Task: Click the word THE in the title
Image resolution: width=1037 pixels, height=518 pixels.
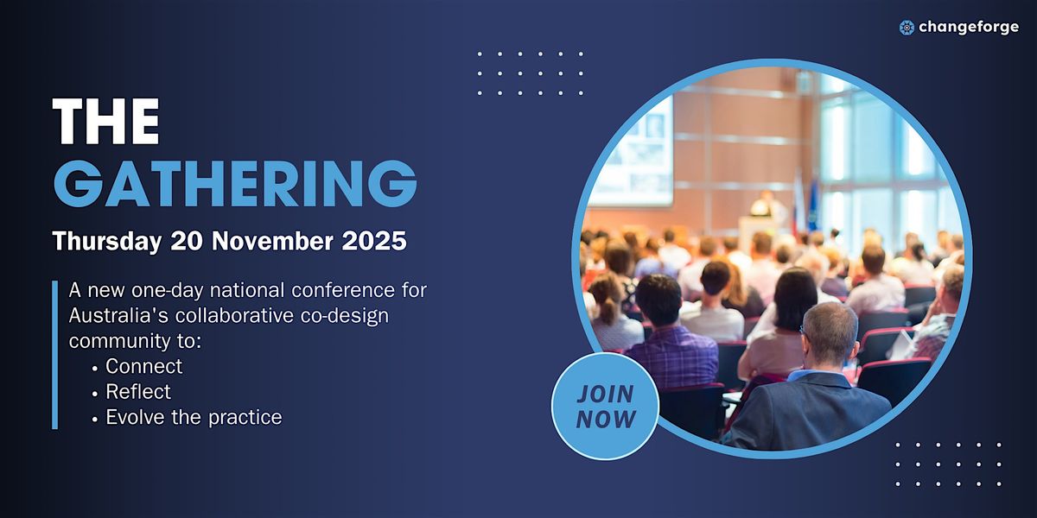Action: pyautogui.click(x=106, y=121)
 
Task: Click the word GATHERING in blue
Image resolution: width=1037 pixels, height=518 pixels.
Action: pyautogui.click(x=235, y=183)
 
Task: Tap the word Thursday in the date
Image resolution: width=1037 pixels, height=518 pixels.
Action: pyautogui.click(x=107, y=242)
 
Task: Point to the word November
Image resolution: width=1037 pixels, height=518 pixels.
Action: pyautogui.click(x=272, y=241)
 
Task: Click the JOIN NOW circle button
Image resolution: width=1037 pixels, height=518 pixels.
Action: pyautogui.click(x=605, y=406)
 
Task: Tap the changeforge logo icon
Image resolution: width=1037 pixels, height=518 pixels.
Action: pyautogui.click(x=907, y=28)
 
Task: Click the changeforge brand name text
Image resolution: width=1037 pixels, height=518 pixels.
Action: pyautogui.click(x=969, y=28)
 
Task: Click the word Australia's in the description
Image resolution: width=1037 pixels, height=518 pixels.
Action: pyautogui.click(x=118, y=315)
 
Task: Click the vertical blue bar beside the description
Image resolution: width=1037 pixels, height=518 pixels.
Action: pyautogui.click(x=55, y=355)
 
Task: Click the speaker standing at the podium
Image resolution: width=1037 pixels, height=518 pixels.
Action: pyautogui.click(x=767, y=205)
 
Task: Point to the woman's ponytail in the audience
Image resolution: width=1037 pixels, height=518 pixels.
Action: pyautogui.click(x=607, y=309)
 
